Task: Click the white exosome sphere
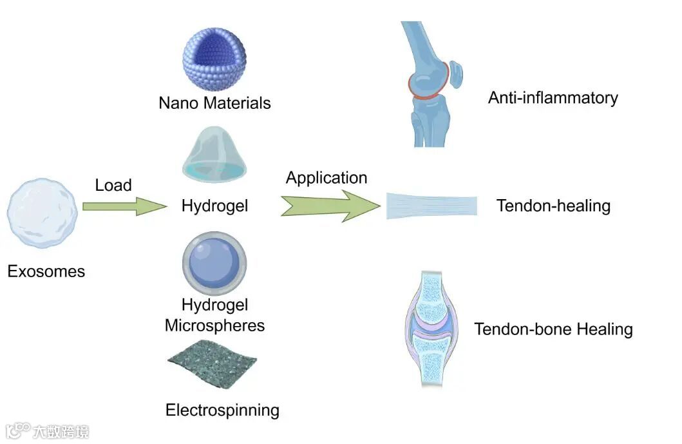tap(42, 214)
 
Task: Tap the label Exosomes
tap(46, 271)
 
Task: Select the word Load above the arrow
tap(113, 186)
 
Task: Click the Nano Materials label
tap(214, 103)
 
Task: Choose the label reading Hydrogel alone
tap(214, 206)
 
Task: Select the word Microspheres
tap(214, 325)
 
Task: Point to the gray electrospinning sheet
tap(212, 362)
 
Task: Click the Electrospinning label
tap(222, 410)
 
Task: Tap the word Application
tap(327, 178)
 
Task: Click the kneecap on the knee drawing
tap(455, 74)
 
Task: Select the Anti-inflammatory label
tap(553, 98)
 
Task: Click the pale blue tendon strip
tap(431, 206)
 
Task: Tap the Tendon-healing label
tap(553, 206)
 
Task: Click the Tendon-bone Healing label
tap(553, 329)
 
